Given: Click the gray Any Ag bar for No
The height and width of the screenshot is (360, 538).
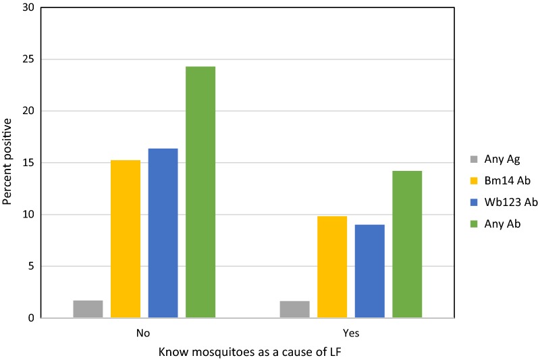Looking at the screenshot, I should pos(88,309).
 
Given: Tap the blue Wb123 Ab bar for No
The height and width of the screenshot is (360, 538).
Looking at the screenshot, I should pos(163,233).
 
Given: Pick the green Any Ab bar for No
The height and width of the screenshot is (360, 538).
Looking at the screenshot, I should pos(200,192).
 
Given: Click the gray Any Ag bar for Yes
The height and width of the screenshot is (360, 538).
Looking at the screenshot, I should pos(294,309).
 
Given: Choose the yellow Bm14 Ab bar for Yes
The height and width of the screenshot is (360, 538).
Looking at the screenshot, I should pos(332,267).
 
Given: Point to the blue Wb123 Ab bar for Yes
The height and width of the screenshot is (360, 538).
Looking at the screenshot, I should pos(369,271).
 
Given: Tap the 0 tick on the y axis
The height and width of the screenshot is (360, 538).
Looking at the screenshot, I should pos(30,318).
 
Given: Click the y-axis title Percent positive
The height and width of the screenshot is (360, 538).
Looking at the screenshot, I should pos(8,163).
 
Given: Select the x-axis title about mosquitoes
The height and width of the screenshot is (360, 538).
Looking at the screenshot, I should pos(246,352).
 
